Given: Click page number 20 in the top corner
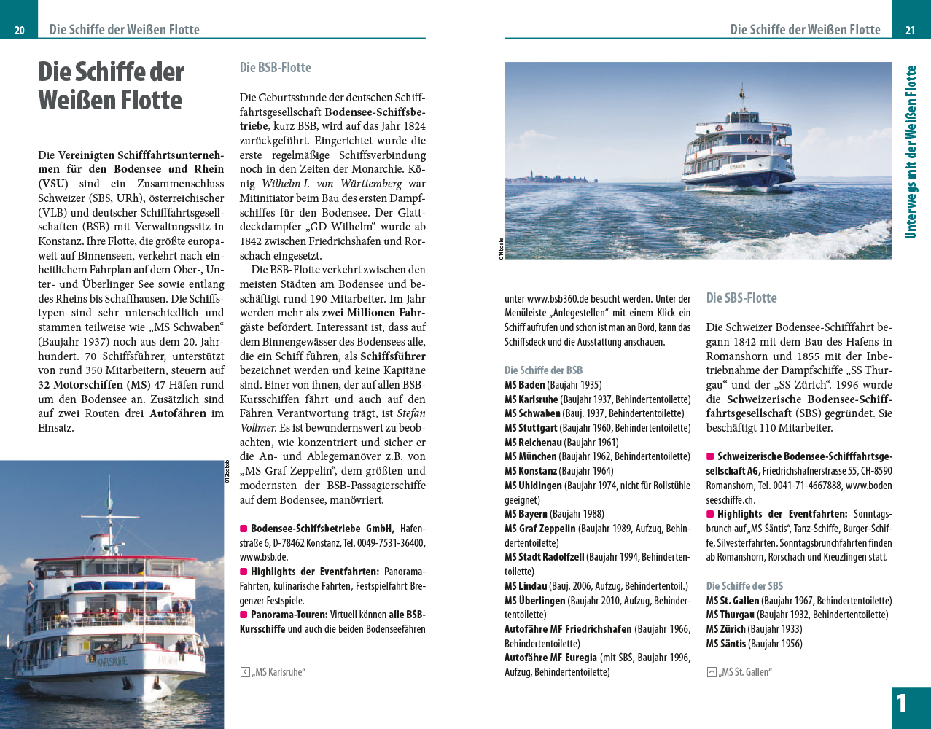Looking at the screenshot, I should click(20, 30).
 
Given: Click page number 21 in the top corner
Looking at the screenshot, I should click(910, 30).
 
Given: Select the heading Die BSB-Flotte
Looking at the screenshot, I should click(275, 68).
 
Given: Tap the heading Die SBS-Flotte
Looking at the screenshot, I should click(741, 297).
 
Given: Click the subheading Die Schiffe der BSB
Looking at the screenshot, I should click(543, 370).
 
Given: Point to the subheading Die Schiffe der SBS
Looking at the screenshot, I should click(744, 586).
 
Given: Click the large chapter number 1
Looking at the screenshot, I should click(902, 703).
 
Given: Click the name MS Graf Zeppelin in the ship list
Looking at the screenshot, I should click(539, 529).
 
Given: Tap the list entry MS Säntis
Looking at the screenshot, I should click(725, 644).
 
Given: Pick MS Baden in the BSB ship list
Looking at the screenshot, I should click(524, 385).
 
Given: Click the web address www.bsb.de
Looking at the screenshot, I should click(263, 558).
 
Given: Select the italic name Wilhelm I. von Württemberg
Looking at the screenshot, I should click(332, 184).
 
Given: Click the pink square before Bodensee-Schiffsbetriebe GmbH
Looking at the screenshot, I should click(244, 529).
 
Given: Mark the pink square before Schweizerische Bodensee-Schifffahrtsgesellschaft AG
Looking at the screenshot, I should click(710, 457).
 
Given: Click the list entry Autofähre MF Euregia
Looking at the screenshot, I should click(550, 658).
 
